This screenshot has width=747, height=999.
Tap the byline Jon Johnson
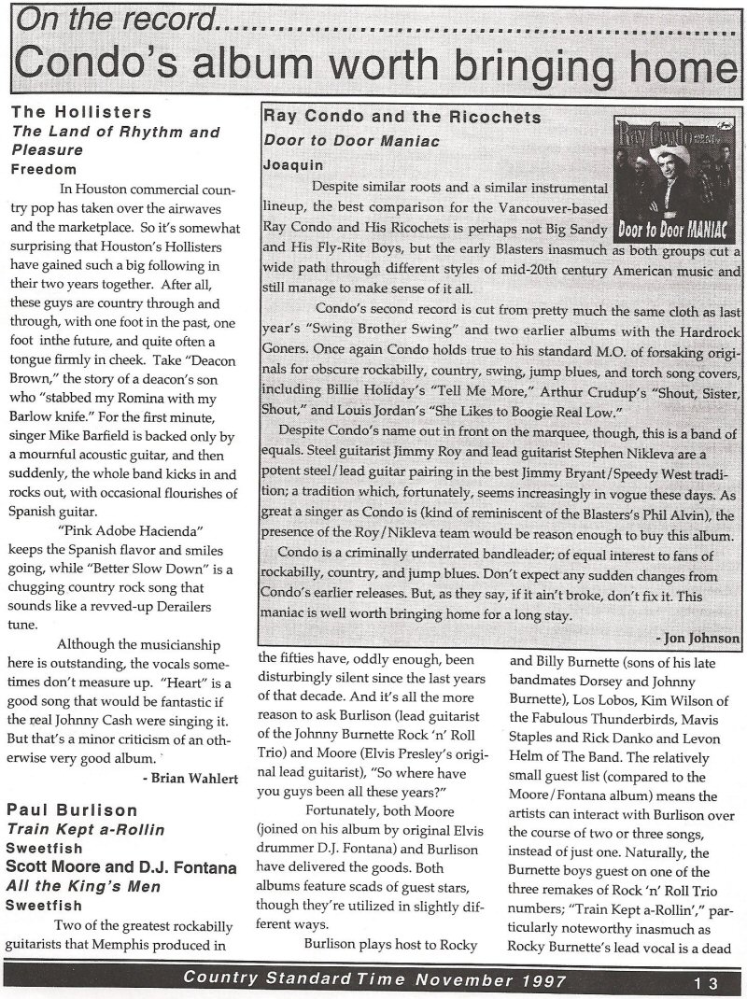(x=701, y=638)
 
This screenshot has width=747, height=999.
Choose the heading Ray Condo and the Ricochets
(x=402, y=118)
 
